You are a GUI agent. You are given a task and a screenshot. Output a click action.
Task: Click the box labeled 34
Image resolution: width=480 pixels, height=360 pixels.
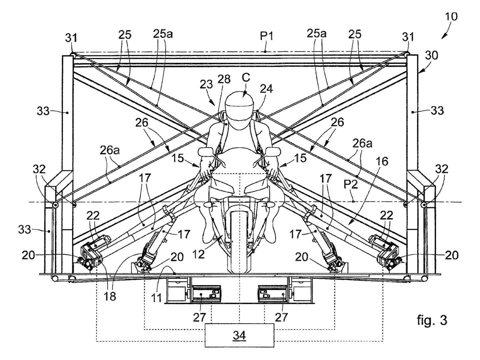point(239,335)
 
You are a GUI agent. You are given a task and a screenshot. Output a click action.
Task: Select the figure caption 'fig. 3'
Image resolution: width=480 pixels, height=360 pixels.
point(432,320)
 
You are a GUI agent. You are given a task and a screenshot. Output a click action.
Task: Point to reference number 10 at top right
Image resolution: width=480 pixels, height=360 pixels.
point(451,17)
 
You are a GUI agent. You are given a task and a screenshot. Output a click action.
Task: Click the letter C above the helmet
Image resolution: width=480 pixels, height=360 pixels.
point(246,77)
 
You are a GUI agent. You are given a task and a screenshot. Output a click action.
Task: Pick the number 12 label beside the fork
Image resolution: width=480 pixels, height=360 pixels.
point(199,254)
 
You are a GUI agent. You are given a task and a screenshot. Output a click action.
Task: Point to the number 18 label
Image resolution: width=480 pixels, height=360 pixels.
point(110,296)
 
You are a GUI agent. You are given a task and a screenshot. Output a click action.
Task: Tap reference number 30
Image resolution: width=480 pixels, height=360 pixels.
point(431,55)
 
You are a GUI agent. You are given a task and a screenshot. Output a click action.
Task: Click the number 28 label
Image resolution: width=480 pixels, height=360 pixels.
point(224,79)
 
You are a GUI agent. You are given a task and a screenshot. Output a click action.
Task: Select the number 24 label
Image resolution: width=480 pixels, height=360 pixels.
point(267,88)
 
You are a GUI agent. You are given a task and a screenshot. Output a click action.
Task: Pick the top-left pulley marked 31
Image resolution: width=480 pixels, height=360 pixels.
point(72,54)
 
